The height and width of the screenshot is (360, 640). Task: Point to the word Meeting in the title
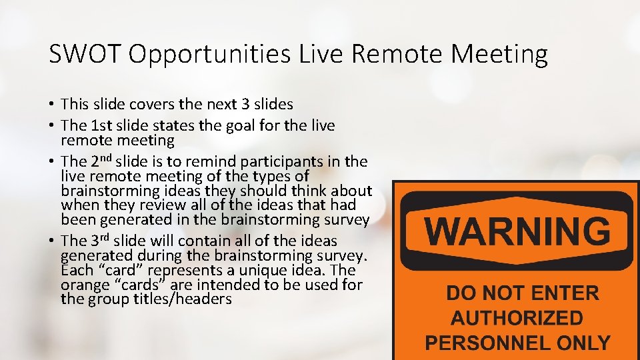click(x=499, y=54)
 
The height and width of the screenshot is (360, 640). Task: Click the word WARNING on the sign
click(x=517, y=231)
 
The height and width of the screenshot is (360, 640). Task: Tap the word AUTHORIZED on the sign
click(x=517, y=318)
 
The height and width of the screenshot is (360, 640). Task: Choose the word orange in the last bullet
click(x=84, y=285)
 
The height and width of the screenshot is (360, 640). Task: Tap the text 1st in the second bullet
click(x=100, y=125)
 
